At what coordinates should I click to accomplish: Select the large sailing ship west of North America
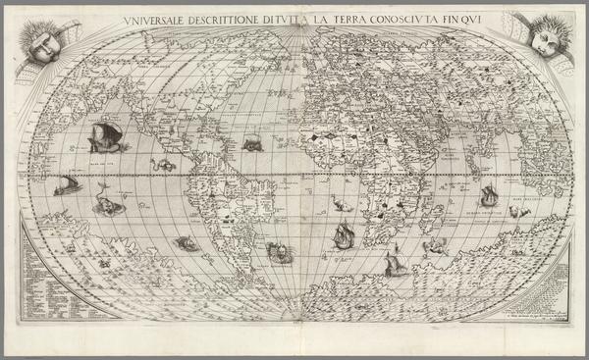coord(101,138)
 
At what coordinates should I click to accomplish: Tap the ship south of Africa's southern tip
coord(395,261)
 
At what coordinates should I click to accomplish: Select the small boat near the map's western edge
coord(67,184)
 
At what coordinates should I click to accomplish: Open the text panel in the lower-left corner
coord(42,270)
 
